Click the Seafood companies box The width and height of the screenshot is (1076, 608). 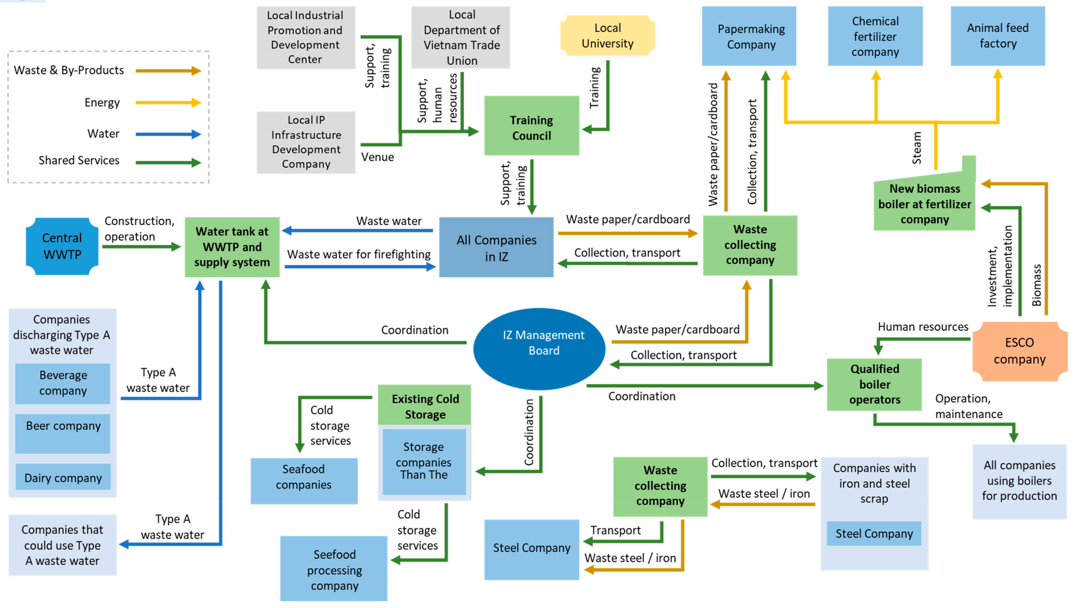click(x=304, y=481)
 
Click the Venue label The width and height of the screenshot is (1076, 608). click(x=377, y=157)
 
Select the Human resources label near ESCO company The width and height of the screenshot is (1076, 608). click(x=923, y=327)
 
